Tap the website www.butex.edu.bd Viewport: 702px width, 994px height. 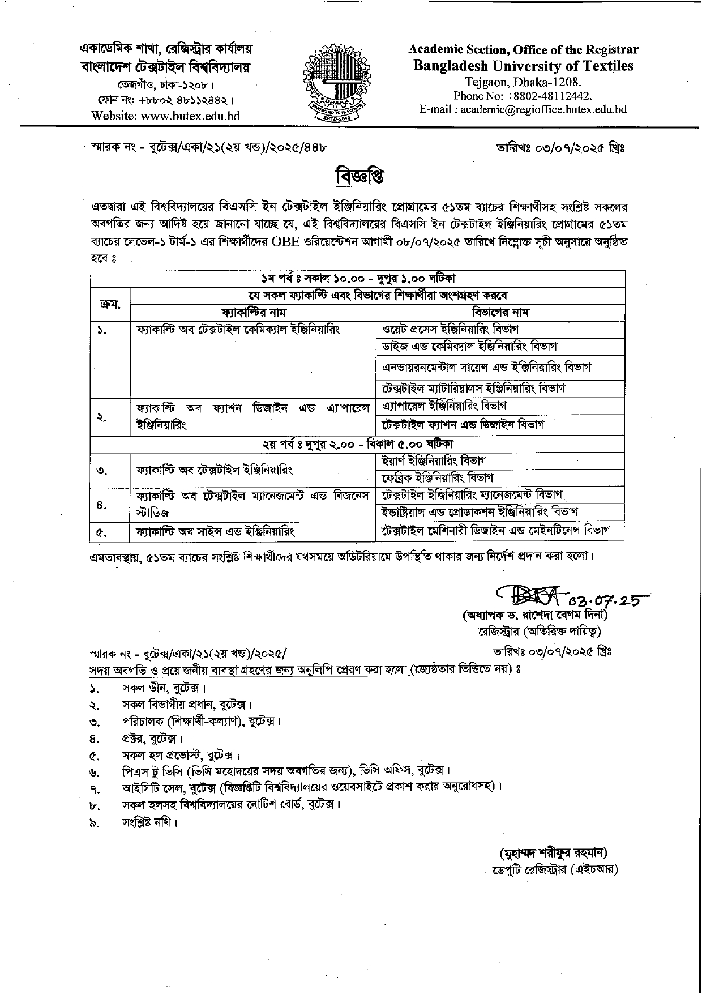[x=166, y=116]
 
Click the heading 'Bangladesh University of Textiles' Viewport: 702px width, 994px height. [x=523, y=66]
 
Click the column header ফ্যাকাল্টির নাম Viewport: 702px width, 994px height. [x=253, y=313]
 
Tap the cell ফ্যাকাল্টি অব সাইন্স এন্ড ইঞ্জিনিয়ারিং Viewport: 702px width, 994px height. [x=216, y=532]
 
